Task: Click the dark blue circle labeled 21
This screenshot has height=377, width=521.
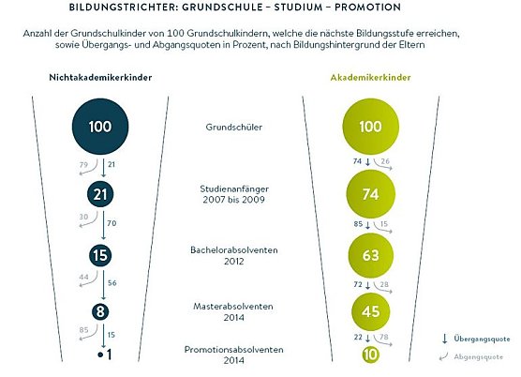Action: tap(99, 194)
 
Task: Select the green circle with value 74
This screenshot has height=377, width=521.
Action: tap(369, 195)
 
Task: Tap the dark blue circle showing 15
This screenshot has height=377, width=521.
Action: tap(99, 254)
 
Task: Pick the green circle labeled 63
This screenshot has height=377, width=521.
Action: tap(369, 254)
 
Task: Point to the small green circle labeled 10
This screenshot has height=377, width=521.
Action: tap(369, 354)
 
